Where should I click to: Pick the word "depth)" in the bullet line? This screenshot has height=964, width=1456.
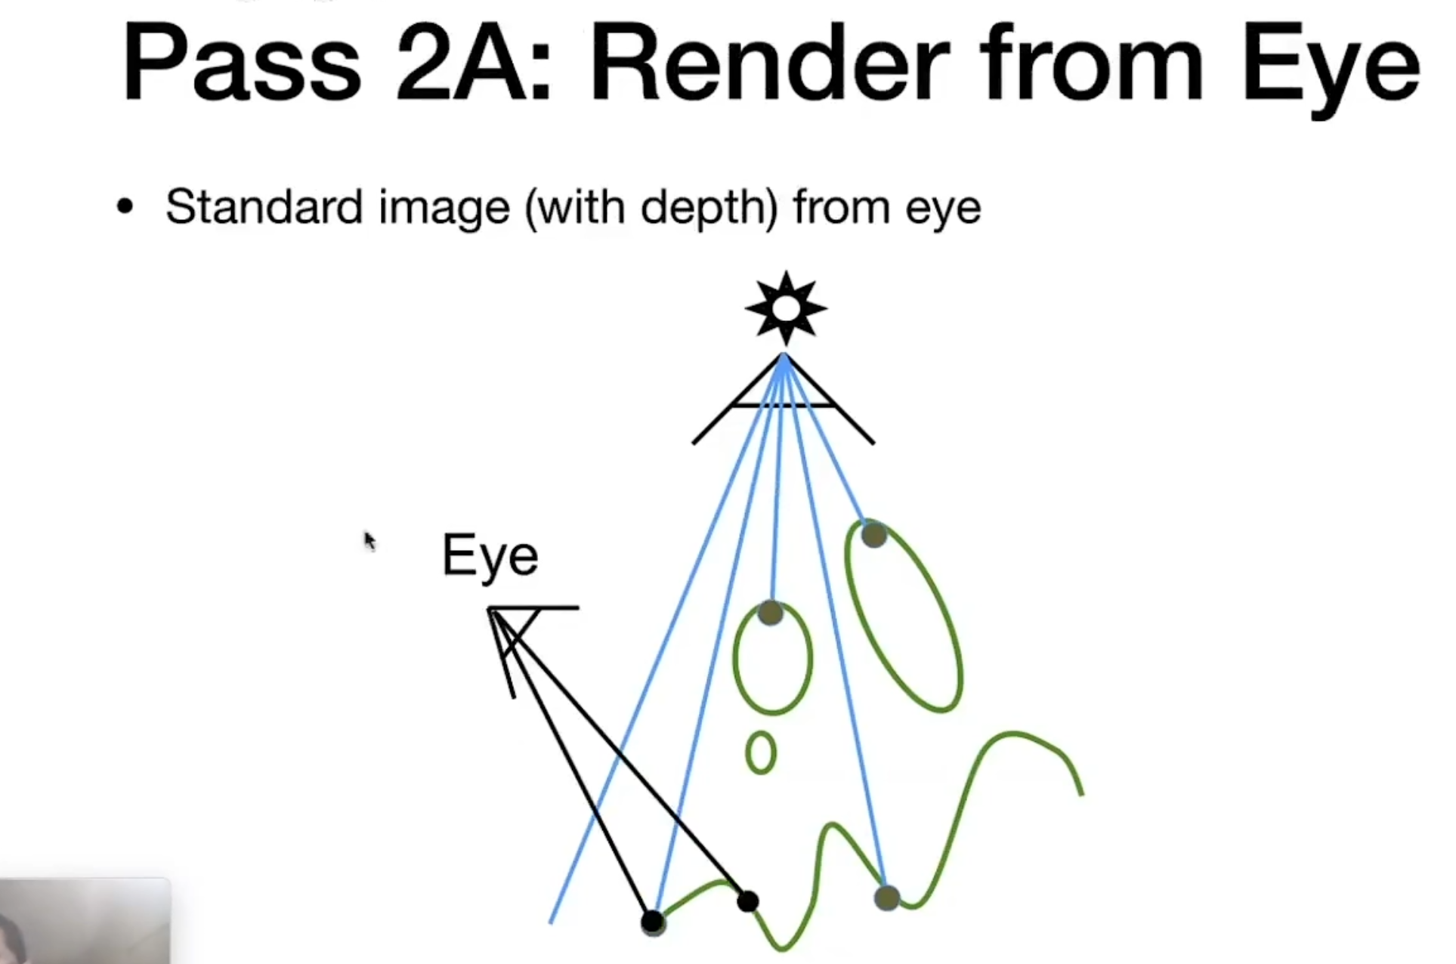click(709, 207)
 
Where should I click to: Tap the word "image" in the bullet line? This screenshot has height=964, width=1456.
click(444, 208)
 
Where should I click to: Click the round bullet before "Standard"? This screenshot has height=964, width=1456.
click(125, 207)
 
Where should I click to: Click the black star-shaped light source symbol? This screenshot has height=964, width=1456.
click(786, 308)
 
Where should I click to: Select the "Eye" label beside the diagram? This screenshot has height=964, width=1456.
click(490, 556)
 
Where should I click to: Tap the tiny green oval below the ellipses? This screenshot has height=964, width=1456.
click(761, 752)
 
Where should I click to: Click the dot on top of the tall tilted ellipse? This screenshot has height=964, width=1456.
click(873, 535)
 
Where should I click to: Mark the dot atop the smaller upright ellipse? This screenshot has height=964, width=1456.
click(771, 613)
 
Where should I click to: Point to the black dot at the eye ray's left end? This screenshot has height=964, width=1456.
click(652, 922)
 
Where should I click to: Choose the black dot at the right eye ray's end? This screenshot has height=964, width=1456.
click(747, 901)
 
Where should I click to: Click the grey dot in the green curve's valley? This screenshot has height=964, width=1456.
click(887, 898)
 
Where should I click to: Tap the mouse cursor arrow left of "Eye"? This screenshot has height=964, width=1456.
click(369, 541)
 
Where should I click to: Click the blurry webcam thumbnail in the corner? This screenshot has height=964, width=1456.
click(85, 921)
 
